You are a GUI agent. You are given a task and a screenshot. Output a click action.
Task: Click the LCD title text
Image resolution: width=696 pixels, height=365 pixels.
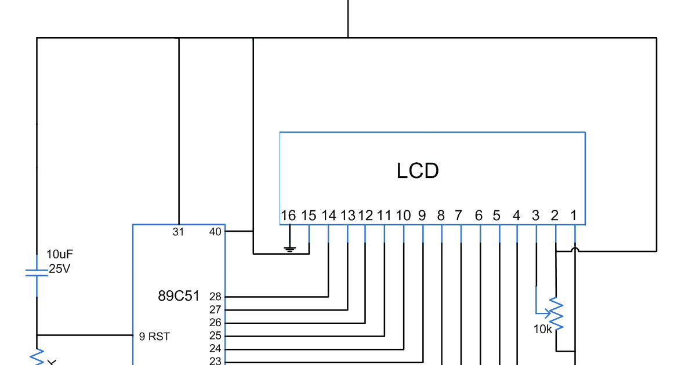pos(418,171)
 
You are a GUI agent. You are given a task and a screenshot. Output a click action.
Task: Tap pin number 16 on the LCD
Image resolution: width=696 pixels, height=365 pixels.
pos(288,216)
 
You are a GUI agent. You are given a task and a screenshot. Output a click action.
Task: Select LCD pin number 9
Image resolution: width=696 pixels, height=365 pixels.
pos(422,216)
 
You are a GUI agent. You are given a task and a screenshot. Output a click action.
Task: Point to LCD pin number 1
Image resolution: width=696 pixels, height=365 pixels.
pos(574,216)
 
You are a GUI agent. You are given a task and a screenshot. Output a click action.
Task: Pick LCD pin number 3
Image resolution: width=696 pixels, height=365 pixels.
pos(535,216)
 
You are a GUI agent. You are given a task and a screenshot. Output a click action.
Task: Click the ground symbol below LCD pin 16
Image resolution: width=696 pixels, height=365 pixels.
pos(290,249)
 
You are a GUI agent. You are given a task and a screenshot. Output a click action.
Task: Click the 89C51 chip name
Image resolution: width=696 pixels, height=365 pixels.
pos(179,296)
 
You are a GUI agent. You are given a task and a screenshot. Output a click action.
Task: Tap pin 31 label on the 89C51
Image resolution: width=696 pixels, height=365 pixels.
pos(179,232)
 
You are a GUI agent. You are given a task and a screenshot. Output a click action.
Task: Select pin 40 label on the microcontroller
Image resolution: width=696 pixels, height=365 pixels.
pos(215,232)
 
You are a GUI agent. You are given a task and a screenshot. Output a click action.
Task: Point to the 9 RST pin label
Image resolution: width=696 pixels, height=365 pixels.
pos(154,337)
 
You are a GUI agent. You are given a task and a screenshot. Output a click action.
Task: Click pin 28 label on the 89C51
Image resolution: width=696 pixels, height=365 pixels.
pos(215,297)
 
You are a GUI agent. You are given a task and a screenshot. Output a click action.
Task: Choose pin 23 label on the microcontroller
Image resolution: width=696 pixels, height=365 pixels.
pos(215,361)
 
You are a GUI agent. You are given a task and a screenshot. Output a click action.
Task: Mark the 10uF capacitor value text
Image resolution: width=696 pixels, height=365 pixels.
pos(60,254)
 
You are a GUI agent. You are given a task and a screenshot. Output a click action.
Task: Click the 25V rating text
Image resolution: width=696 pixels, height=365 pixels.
pos(59,269)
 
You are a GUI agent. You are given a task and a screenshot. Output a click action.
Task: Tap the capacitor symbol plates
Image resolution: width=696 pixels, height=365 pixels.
pos(37,273)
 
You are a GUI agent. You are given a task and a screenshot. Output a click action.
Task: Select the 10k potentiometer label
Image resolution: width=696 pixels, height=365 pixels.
pos(542,329)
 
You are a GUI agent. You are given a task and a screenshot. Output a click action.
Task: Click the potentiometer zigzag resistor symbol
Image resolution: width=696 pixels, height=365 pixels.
pos(556,313)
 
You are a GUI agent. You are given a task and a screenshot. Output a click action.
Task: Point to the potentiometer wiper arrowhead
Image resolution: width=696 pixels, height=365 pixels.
pos(548,314)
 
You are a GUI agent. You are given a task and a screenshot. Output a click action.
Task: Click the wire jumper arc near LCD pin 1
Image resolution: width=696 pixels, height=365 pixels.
pos(575,249)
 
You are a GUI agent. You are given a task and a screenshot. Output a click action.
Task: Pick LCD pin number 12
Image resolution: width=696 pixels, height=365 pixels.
pos(365,216)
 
